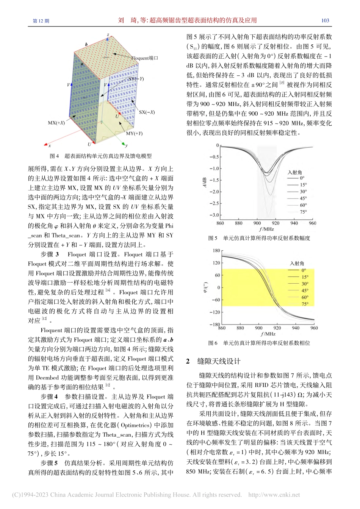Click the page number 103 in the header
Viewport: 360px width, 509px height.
[x=325, y=20]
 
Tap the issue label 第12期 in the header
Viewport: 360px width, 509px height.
[x=41, y=21]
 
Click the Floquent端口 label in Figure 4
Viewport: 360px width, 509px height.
[x=144, y=58]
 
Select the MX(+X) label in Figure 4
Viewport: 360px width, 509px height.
[x=56, y=123]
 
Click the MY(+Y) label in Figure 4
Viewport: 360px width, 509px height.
[x=134, y=133]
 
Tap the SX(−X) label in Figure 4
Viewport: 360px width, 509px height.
[x=147, y=112]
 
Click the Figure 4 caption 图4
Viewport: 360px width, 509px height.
[x=54, y=156]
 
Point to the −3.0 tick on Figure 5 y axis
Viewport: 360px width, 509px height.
[x=214, y=215]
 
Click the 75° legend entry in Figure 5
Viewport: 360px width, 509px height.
[x=303, y=212]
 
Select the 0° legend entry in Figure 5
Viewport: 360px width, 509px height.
[x=302, y=178]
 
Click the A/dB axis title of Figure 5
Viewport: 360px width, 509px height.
[x=204, y=182]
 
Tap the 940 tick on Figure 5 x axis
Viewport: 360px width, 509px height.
[x=294, y=223]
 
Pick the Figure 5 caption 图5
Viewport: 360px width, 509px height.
[x=213, y=238]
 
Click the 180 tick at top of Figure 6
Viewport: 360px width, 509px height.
[x=216, y=251]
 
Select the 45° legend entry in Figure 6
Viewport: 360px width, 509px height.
[x=305, y=290]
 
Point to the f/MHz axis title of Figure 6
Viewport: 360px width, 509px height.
[x=268, y=334]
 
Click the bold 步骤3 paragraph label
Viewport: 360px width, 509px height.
[x=50, y=254]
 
